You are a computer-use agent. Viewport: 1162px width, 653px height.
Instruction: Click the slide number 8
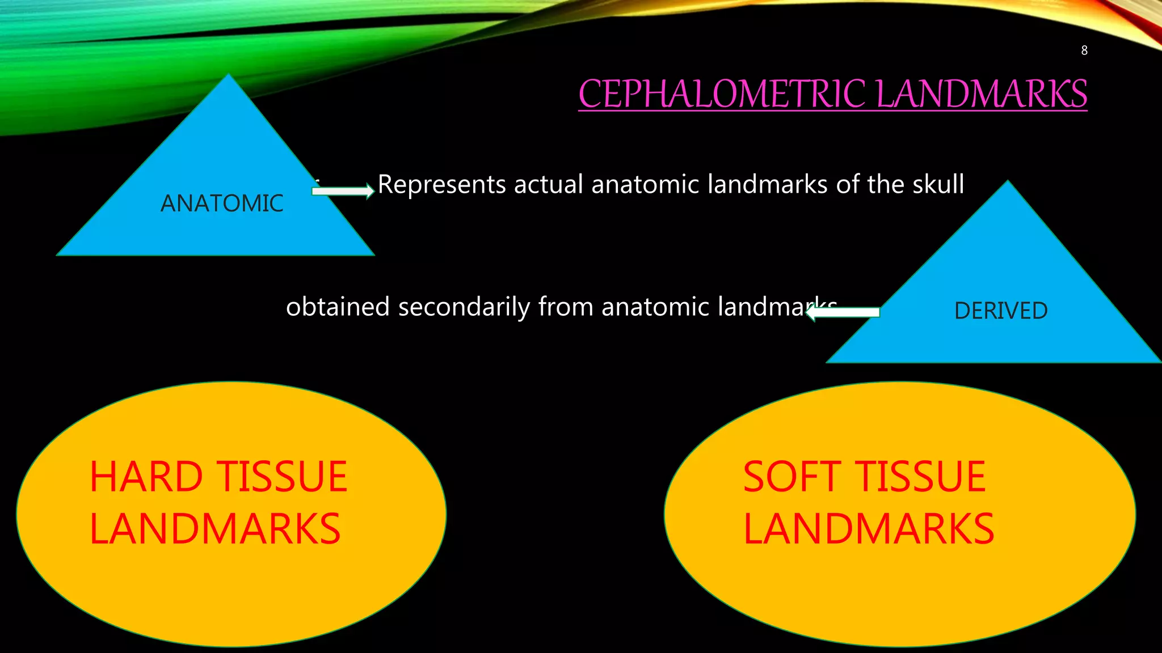pos(1084,50)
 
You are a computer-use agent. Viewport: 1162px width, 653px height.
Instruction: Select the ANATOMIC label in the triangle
pos(222,203)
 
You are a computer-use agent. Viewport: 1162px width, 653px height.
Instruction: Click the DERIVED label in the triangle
pos(1001,311)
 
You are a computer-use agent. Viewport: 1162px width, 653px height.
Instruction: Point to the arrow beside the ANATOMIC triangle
pos(343,191)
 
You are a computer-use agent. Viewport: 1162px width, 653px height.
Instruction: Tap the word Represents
pos(441,185)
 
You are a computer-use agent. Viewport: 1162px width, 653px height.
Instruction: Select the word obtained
pos(338,307)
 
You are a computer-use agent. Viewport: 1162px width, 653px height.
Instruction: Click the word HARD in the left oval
pos(146,477)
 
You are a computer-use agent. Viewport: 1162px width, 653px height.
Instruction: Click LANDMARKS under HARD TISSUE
pos(215,529)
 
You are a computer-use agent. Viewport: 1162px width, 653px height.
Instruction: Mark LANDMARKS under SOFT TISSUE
pos(869,529)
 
